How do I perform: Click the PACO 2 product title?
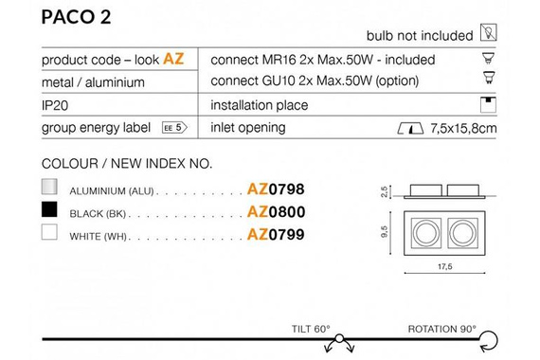[x=76, y=17]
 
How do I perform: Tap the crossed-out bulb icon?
[x=488, y=33]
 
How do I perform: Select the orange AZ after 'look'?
[x=173, y=59]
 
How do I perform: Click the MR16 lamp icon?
[x=488, y=58]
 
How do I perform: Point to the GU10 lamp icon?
[x=489, y=78]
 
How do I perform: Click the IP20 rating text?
[x=55, y=105]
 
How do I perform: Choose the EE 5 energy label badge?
[x=174, y=128]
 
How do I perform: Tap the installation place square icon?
[x=488, y=105]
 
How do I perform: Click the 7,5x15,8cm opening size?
[x=463, y=129]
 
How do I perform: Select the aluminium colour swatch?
[x=49, y=187]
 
